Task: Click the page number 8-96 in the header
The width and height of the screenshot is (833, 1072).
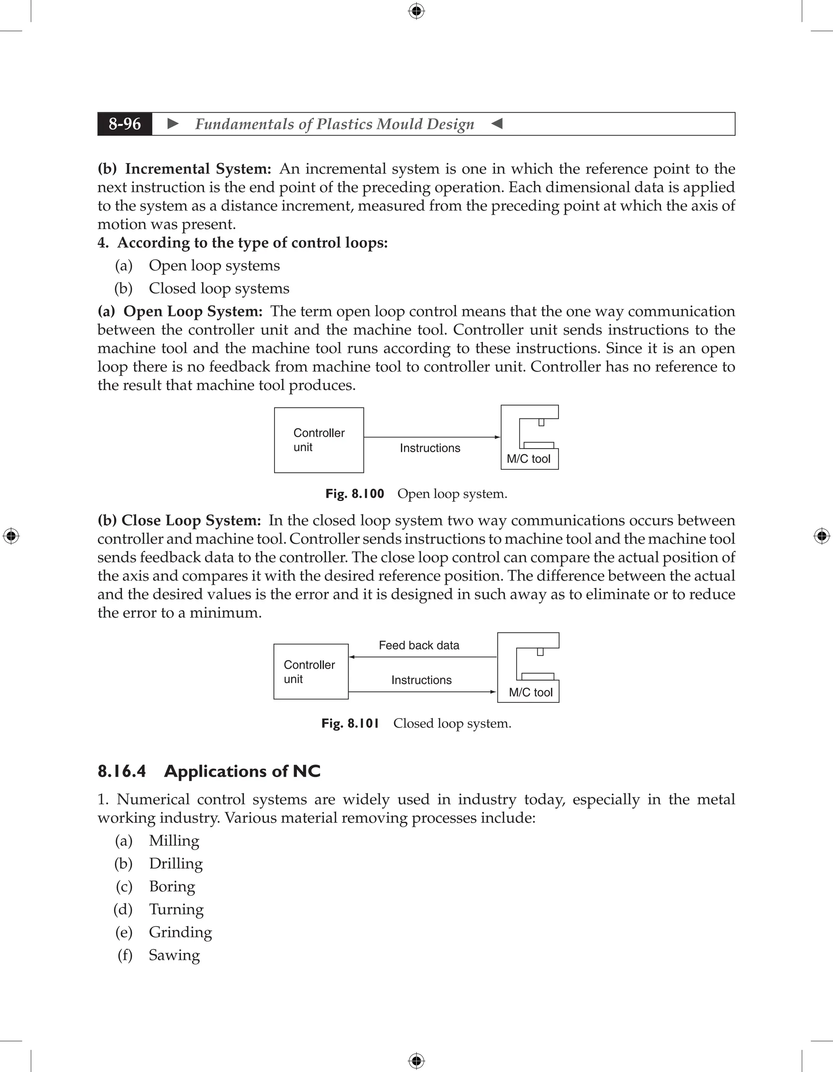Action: tap(125, 124)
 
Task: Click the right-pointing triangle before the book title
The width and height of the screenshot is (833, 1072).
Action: tap(173, 124)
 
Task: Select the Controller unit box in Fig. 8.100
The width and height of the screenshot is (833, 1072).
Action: tap(318, 440)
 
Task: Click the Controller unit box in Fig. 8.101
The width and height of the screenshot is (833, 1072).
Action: tap(311, 671)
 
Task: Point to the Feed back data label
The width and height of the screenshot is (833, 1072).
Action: tap(419, 645)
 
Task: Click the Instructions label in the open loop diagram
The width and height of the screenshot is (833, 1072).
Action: tap(430, 448)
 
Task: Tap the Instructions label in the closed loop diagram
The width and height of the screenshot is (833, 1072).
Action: tap(421, 680)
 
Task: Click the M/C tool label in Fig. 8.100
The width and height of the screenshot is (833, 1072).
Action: tap(528, 459)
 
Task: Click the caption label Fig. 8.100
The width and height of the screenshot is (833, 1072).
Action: tap(354, 493)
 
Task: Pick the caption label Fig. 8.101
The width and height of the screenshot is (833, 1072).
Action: tap(350, 723)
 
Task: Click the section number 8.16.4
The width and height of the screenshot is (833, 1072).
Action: tap(122, 771)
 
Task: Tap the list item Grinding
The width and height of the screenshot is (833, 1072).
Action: tap(180, 932)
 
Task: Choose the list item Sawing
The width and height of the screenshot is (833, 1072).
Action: tap(174, 955)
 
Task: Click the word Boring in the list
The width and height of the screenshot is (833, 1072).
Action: tap(172, 886)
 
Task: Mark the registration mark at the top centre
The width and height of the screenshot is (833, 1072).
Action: tap(416, 11)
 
